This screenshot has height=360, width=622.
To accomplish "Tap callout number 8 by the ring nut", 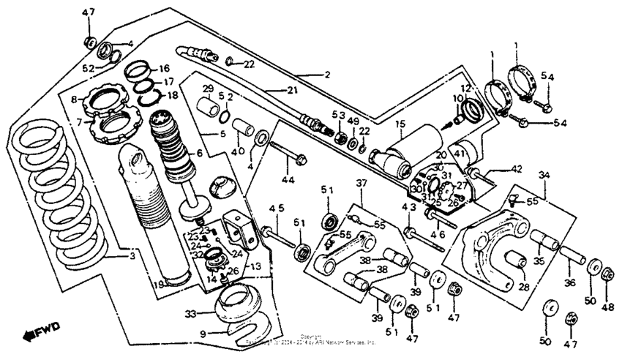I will point(74,98).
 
